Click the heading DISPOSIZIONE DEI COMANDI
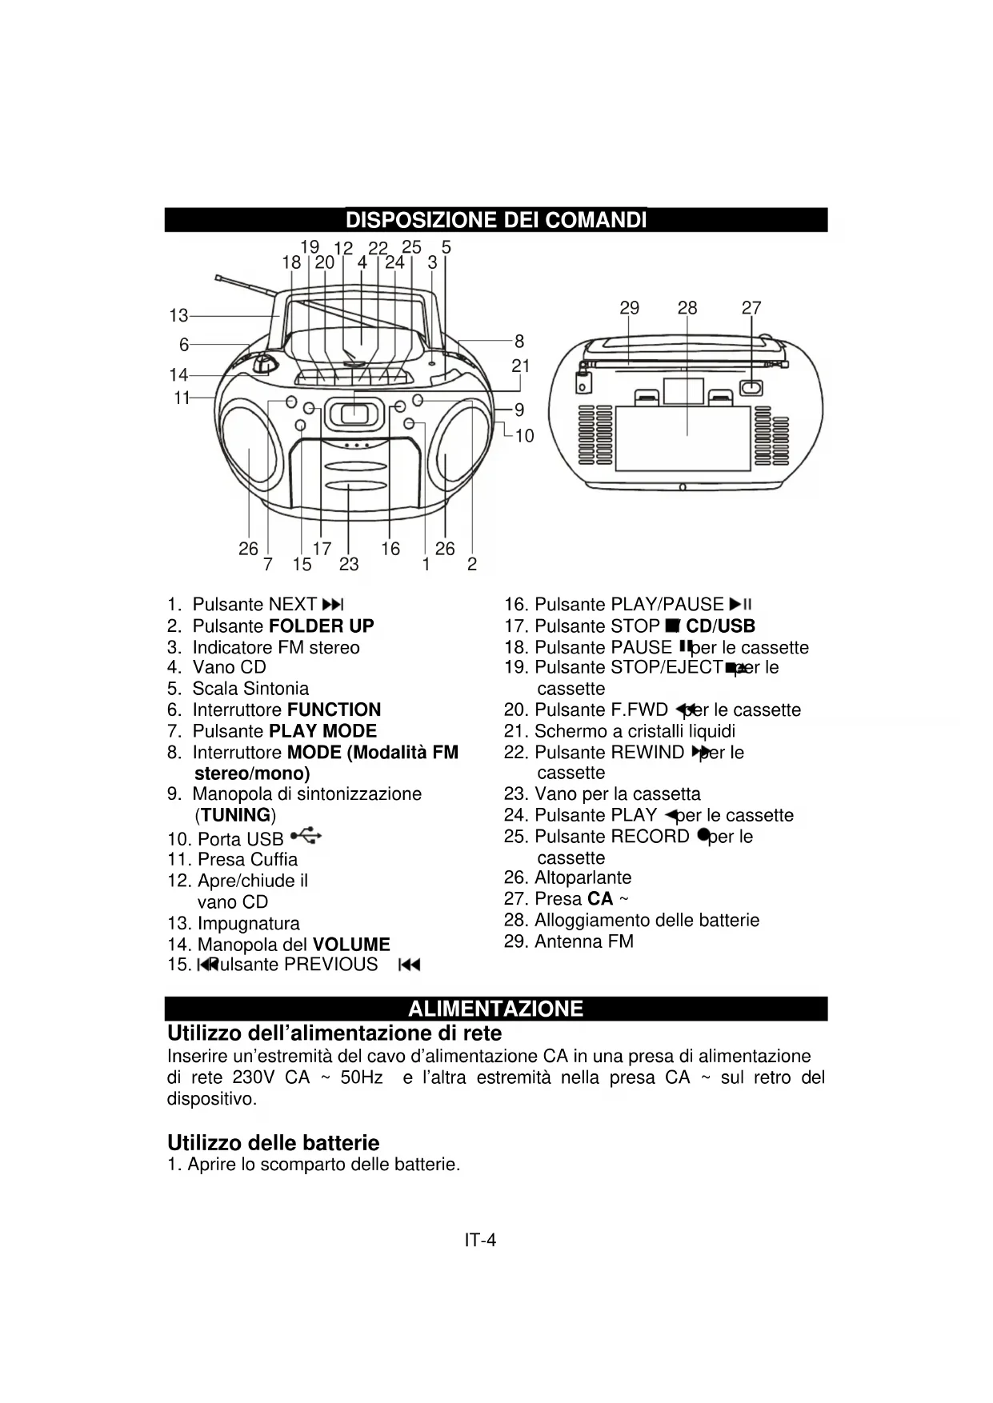(495, 220)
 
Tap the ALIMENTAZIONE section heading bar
(495, 1008)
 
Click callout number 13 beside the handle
(178, 316)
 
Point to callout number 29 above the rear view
(630, 308)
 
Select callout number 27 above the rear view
(751, 308)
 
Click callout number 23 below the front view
(349, 565)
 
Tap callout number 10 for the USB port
(524, 436)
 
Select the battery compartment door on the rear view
(687, 436)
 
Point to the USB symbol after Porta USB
(306, 837)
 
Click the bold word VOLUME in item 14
(351, 945)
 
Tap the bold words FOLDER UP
(322, 626)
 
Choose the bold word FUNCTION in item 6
(334, 710)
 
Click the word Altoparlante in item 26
(583, 878)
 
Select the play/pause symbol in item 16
(740, 605)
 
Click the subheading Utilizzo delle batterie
(273, 1143)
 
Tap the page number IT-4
(480, 1241)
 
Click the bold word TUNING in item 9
(235, 816)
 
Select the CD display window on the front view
(353, 414)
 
